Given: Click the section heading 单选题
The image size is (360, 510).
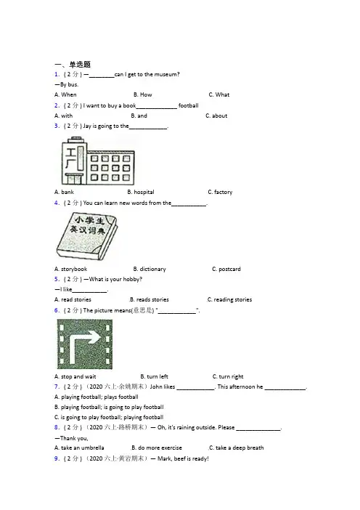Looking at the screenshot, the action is [80, 65].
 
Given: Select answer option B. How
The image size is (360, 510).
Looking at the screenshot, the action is [143, 94].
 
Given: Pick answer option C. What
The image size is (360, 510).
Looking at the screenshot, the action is [219, 94].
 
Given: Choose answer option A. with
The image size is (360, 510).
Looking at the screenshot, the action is [63, 116].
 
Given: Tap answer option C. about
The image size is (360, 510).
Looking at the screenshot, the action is [216, 116].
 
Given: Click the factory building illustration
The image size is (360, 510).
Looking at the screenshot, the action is [98, 161].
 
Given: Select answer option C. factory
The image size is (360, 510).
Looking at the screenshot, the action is [221, 193].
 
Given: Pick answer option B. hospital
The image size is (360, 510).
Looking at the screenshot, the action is [141, 193].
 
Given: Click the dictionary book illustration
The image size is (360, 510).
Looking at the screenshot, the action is [86, 236].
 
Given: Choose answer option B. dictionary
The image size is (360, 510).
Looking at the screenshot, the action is [150, 269].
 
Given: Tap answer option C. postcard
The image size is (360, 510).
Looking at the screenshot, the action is [226, 269].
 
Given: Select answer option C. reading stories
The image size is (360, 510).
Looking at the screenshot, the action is [229, 299].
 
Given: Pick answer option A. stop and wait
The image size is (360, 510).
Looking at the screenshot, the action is [75, 376].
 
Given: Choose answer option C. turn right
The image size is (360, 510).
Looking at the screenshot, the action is [228, 376].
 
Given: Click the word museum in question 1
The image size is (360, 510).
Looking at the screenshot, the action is [167, 75].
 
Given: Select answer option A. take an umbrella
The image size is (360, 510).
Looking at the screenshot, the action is [79, 448].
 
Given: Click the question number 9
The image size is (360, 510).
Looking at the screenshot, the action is [57, 458].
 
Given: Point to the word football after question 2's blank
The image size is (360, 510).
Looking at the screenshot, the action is [189, 105].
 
